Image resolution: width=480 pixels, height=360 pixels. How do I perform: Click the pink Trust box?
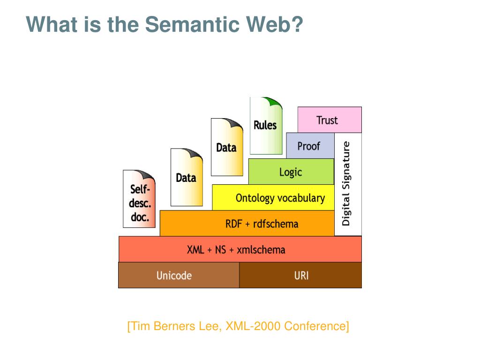click(x=330, y=120)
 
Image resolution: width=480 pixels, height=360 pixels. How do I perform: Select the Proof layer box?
click(x=310, y=146)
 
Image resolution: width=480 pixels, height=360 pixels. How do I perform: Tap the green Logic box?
click(x=291, y=172)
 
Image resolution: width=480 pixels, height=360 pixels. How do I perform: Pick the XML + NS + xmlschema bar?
click(x=240, y=249)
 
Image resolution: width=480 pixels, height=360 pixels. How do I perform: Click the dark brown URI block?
click(x=301, y=275)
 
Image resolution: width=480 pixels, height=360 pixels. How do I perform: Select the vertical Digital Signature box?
click(x=347, y=184)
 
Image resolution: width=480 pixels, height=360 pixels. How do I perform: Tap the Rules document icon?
click(x=266, y=126)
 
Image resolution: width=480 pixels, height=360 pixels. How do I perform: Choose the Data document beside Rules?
click(x=226, y=148)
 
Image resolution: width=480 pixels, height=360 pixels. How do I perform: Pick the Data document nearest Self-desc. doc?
click(x=186, y=178)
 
